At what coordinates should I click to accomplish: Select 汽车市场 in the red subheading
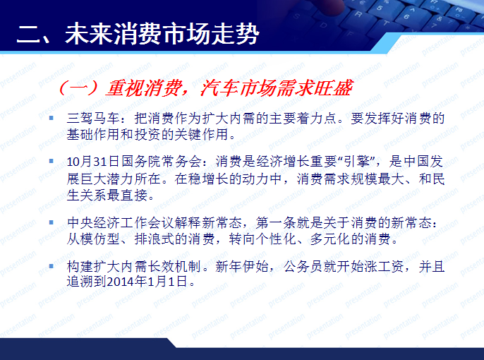pos(231,89)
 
